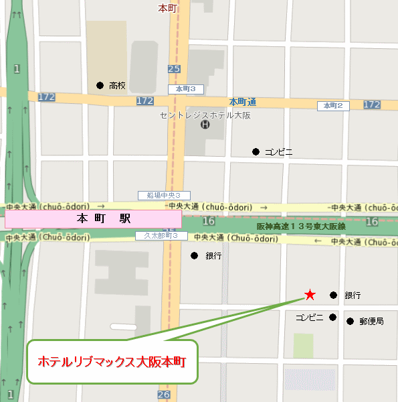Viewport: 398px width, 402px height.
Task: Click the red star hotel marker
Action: (x=310, y=294)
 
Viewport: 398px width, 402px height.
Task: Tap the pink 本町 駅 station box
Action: (x=93, y=219)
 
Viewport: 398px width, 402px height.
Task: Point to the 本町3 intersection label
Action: (x=185, y=89)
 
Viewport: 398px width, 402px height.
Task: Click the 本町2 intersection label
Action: (x=332, y=106)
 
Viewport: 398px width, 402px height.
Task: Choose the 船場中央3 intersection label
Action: (x=159, y=196)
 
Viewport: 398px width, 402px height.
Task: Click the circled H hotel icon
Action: (x=205, y=124)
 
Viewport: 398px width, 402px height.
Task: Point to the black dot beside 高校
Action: (x=100, y=85)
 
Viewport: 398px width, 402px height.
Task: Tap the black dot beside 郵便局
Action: (x=350, y=322)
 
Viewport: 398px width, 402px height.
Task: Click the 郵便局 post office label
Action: (x=371, y=322)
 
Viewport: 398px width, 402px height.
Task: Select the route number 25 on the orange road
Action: (x=174, y=69)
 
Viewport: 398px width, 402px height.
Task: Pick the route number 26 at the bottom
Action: (x=164, y=395)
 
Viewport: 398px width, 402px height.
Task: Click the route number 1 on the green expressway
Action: (x=16, y=68)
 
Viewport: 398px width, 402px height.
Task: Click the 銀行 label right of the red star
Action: (x=353, y=295)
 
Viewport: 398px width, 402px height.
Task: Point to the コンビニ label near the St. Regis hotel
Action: (x=279, y=152)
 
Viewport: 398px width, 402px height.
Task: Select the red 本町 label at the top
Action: (x=167, y=8)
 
